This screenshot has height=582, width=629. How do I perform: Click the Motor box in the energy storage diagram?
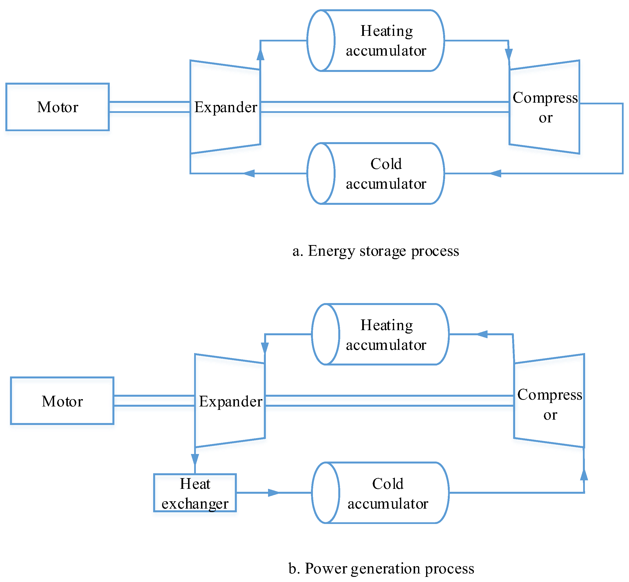pyautogui.click(x=58, y=107)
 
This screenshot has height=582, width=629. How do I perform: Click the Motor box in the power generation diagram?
pyautogui.click(x=62, y=401)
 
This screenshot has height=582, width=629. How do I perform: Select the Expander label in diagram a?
pyautogui.click(x=226, y=107)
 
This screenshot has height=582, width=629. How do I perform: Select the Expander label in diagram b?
pyautogui.click(x=230, y=401)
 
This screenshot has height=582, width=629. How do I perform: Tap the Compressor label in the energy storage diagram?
pyautogui.click(x=545, y=107)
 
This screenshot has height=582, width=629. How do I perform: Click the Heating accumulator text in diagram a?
pyautogui.click(x=386, y=41)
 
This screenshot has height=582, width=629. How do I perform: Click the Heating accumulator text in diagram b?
pyautogui.click(x=386, y=335)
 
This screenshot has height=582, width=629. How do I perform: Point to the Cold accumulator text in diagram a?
pyautogui.click(x=386, y=174)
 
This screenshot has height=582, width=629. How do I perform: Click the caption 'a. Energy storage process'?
pyautogui.click(x=375, y=251)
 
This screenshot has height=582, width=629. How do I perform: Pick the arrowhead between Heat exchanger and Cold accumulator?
pyautogui.click(x=273, y=493)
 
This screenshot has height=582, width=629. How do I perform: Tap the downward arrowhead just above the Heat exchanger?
pyautogui.click(x=195, y=460)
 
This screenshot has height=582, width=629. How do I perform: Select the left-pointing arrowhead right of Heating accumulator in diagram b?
pyautogui.click(x=482, y=334)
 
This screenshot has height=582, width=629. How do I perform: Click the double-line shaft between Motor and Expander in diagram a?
pyautogui.click(x=149, y=107)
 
